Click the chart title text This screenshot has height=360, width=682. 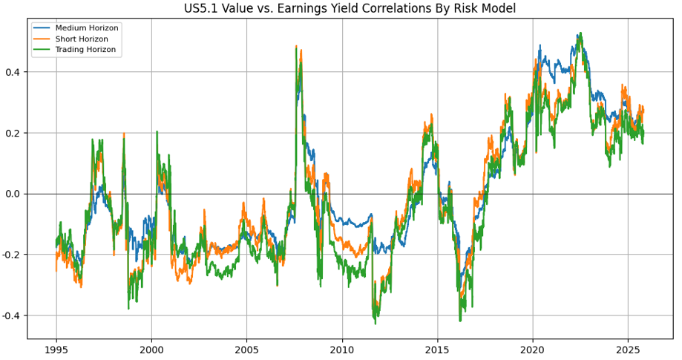pyautogui.click(x=350, y=9)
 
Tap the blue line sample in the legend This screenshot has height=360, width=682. pyautogui.click(x=43, y=28)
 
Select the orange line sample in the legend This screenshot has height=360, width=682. pyautogui.click(x=43, y=39)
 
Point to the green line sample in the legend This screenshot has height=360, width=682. pyautogui.click(x=43, y=50)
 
